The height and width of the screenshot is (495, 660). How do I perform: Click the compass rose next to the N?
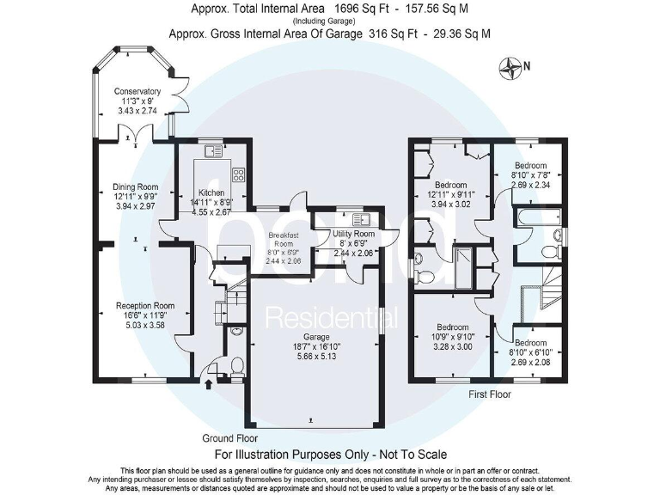tap(511, 66)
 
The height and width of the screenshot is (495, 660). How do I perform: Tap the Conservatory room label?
tap(137, 91)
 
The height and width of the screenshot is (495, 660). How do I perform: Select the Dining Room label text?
tap(136, 186)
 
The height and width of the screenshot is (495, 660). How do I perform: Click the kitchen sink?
tap(212, 151)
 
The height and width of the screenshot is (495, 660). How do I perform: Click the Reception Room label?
tap(145, 305)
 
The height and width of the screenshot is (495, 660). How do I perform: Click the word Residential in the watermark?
tap(331, 319)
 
